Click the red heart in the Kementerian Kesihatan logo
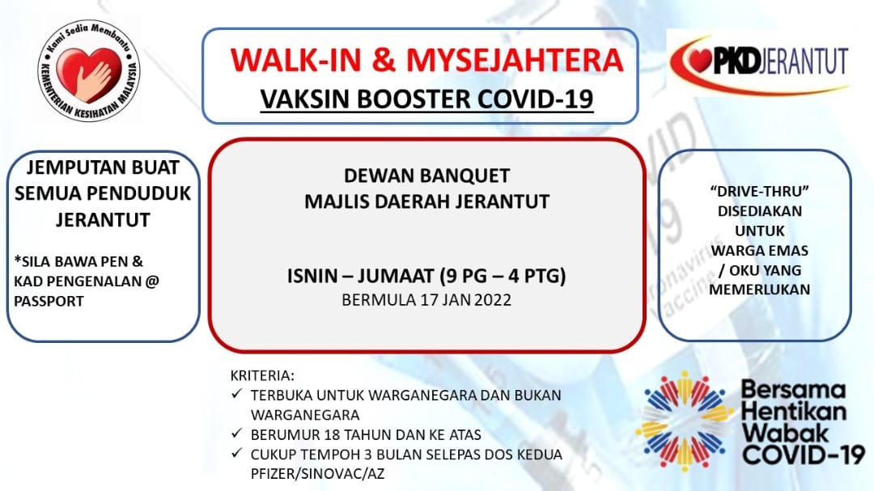(89, 73)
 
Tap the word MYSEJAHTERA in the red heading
(515, 60)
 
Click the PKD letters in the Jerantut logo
(736, 61)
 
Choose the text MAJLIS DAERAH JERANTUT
(427, 201)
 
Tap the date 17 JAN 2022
(466, 300)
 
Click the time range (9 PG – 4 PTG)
(503, 276)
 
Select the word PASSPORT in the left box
(49, 301)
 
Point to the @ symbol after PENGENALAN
(152, 281)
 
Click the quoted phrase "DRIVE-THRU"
(760, 191)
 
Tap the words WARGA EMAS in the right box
(760, 250)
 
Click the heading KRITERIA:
(262, 375)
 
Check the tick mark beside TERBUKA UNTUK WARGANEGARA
(237, 394)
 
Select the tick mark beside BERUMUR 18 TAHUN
(237, 433)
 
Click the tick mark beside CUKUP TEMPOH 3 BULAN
(237, 452)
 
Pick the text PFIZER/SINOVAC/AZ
(318, 474)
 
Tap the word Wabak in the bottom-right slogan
(785, 433)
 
